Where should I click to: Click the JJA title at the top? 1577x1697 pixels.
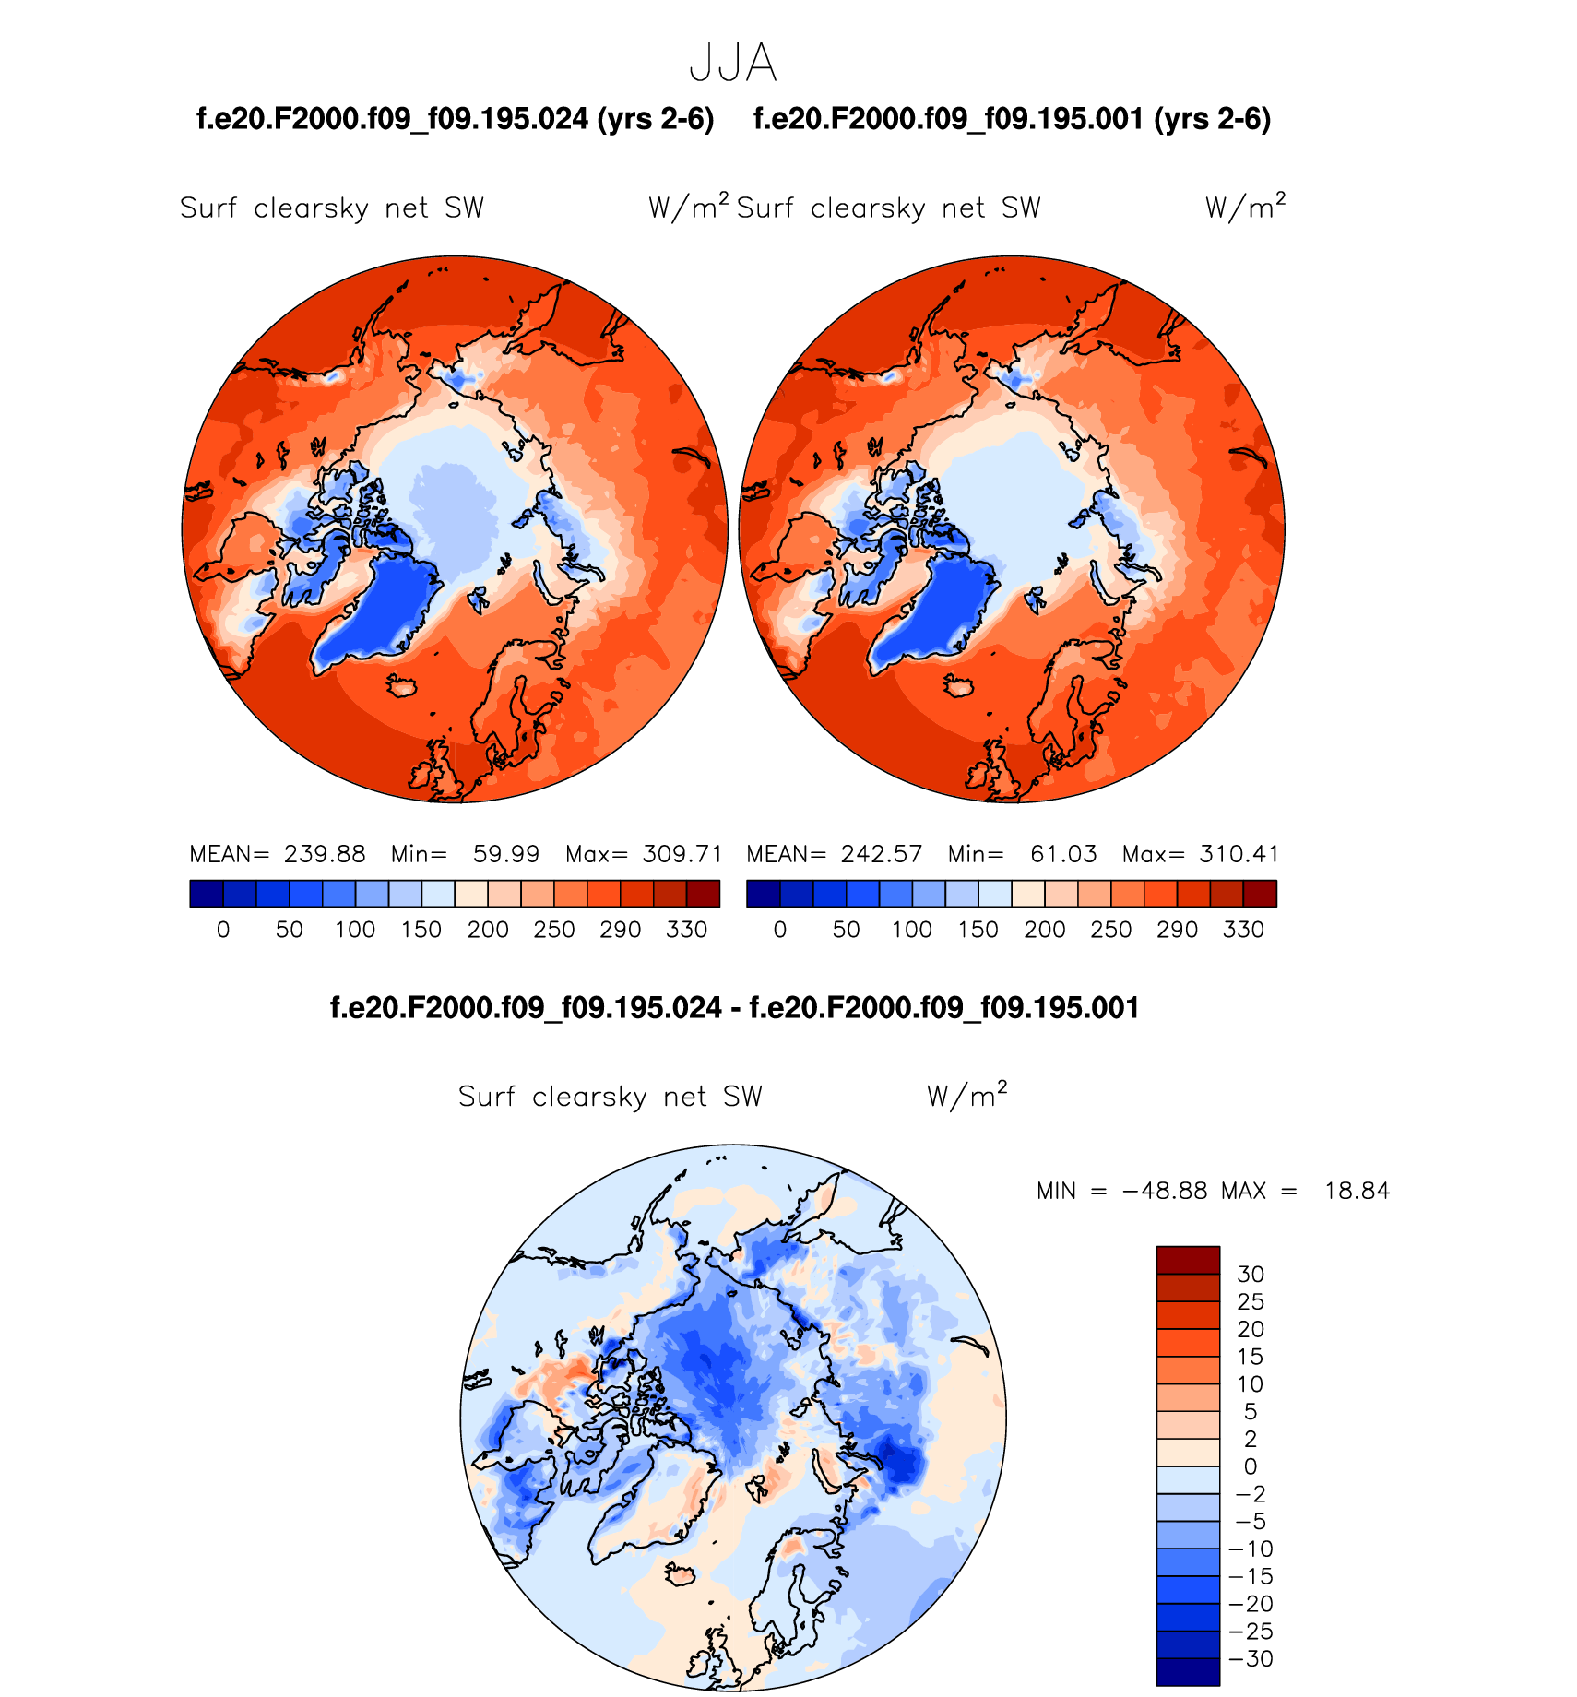click(x=733, y=64)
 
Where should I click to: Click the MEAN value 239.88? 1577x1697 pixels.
click(x=325, y=854)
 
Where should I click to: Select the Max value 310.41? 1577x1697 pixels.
click(x=1239, y=854)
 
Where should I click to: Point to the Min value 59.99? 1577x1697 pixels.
click(x=505, y=854)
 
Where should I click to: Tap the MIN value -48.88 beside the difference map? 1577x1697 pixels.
click(x=1165, y=1191)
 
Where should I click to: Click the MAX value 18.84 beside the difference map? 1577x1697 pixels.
click(x=1357, y=1191)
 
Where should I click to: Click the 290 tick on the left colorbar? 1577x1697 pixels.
click(x=620, y=930)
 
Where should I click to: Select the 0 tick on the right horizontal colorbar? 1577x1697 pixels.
click(x=780, y=930)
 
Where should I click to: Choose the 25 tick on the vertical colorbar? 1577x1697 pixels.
click(x=1251, y=1301)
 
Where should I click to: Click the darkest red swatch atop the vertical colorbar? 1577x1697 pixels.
click(x=1188, y=1260)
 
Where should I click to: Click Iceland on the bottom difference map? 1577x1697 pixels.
click(x=682, y=1574)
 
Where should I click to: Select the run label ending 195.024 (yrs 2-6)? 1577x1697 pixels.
click(x=456, y=119)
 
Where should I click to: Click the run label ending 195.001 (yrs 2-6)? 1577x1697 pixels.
click(x=1013, y=119)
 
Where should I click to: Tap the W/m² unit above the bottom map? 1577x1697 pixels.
click(x=966, y=1095)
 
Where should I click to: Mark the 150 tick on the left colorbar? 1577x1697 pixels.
click(x=421, y=930)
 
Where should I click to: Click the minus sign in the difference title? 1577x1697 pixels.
click(x=735, y=1008)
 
